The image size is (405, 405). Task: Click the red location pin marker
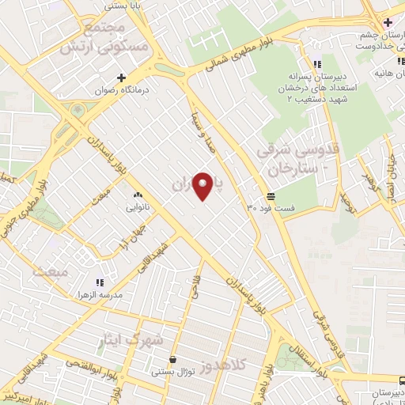204,185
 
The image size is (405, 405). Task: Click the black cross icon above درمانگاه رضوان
121,78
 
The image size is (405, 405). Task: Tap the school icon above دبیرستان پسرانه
316,64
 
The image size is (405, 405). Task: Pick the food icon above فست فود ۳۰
271,196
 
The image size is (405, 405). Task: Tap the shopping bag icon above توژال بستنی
173,359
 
